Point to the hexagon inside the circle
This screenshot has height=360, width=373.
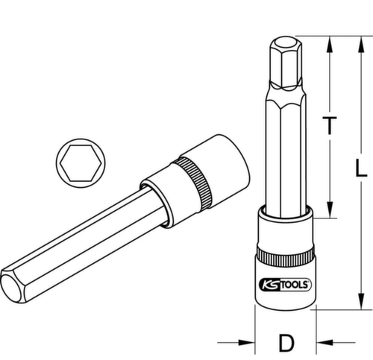(x=77, y=160)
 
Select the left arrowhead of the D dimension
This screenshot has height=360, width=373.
(x=248, y=342)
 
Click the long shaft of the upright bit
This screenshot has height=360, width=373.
(x=284, y=157)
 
